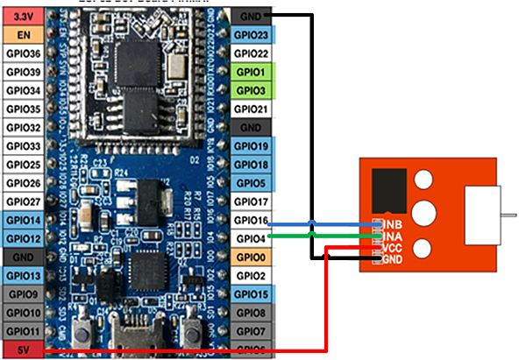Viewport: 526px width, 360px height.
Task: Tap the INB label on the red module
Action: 392,224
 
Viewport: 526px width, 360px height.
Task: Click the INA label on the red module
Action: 392,236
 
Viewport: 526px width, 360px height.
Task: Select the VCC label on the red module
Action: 392,247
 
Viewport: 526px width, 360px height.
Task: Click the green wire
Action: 324,235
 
